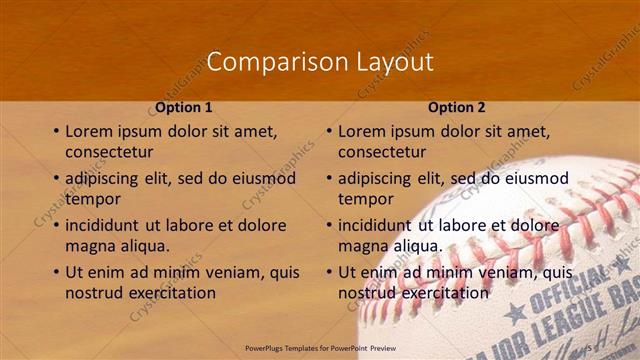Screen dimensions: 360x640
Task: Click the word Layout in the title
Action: pyautogui.click(x=395, y=62)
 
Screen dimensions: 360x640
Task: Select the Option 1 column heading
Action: pyautogui.click(x=184, y=107)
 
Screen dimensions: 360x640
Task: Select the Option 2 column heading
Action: pyautogui.click(x=457, y=107)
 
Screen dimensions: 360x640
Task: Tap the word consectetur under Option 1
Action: pyautogui.click(x=109, y=152)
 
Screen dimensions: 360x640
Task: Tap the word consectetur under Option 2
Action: pyautogui.click(x=382, y=152)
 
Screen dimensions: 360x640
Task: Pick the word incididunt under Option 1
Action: pyautogui.click(x=109, y=225)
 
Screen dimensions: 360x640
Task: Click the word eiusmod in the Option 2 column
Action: pyautogui.click(x=536, y=178)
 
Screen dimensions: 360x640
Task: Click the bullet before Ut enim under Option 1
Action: pyautogui.click(x=55, y=272)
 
